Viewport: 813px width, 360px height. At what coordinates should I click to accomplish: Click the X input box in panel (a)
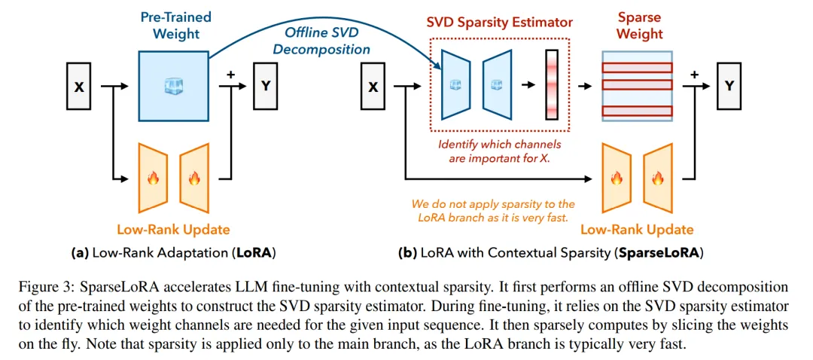[x=79, y=87]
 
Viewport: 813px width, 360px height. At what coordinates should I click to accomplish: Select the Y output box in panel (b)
[x=728, y=87]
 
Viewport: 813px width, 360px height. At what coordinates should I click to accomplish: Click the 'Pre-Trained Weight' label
[x=175, y=24]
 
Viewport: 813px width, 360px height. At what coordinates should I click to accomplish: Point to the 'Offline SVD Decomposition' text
[x=321, y=41]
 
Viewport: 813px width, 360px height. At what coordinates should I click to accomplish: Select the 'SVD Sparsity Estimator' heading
[x=500, y=21]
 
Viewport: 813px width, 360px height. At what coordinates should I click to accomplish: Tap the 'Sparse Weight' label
[x=640, y=24]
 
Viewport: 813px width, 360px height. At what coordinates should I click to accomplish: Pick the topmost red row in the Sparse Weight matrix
[x=637, y=66]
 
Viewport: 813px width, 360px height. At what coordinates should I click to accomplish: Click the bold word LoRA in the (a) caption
[x=253, y=253]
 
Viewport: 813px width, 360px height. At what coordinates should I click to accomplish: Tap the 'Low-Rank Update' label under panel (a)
[x=173, y=229]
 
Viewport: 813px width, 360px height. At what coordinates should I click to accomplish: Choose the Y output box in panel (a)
[x=265, y=87]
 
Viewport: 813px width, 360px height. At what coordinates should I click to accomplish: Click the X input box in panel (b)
[x=373, y=87]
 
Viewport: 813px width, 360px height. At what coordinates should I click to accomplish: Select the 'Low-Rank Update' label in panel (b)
[x=637, y=229]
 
